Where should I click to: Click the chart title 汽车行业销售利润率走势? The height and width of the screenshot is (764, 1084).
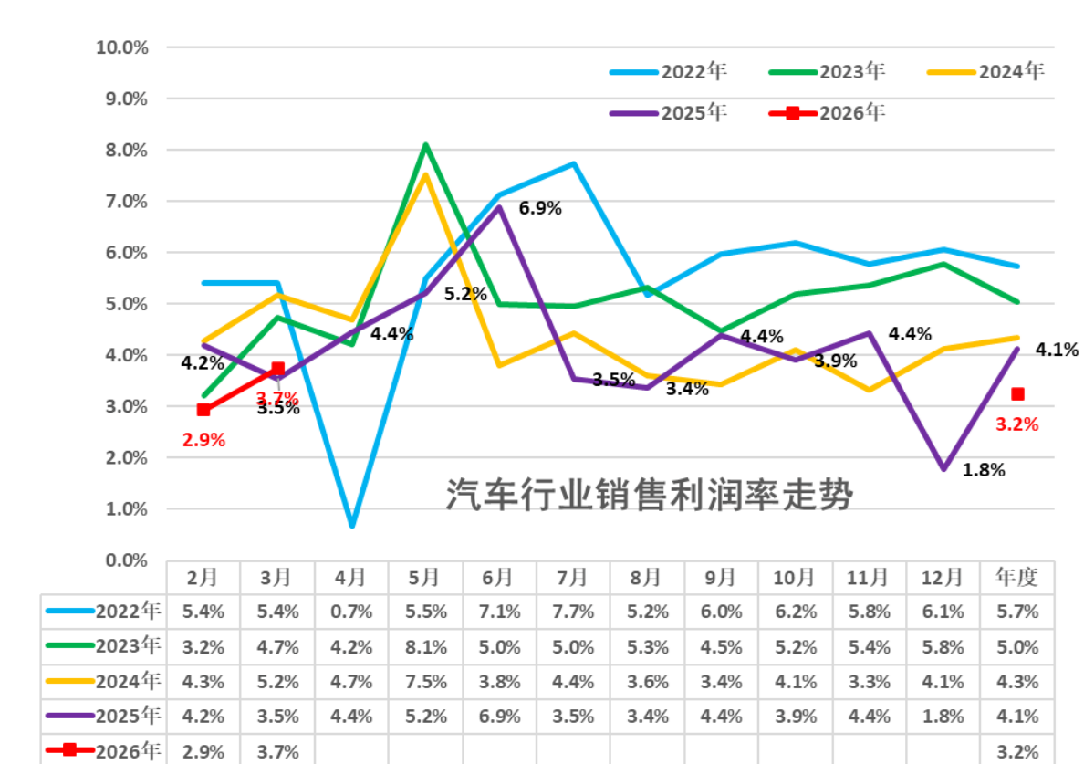pyautogui.click(x=649, y=497)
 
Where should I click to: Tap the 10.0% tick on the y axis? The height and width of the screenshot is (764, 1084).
pyautogui.click(x=122, y=47)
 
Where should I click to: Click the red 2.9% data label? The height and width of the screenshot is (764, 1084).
pyautogui.click(x=203, y=439)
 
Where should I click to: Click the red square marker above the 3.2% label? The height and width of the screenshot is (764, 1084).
pyautogui.click(x=1017, y=394)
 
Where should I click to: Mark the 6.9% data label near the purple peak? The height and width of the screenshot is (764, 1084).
pyautogui.click(x=540, y=208)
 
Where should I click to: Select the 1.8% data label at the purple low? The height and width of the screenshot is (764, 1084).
pyautogui.click(x=984, y=471)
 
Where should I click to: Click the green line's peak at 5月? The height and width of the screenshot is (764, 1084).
pyautogui.click(x=426, y=145)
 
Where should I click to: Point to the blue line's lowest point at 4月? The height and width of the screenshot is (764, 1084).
pyautogui.click(x=351, y=526)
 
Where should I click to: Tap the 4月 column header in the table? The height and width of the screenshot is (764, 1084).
pyautogui.click(x=351, y=577)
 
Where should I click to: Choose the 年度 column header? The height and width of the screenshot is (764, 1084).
pyautogui.click(x=1017, y=577)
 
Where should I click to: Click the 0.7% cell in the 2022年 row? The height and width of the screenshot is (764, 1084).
pyautogui.click(x=351, y=612)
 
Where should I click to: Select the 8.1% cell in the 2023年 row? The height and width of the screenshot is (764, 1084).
pyautogui.click(x=426, y=647)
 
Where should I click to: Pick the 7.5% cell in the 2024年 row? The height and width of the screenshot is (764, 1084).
pyautogui.click(x=426, y=682)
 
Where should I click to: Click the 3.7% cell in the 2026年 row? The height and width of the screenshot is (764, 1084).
pyautogui.click(x=277, y=751)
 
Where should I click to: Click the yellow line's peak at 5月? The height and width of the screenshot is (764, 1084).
pyautogui.click(x=426, y=175)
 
